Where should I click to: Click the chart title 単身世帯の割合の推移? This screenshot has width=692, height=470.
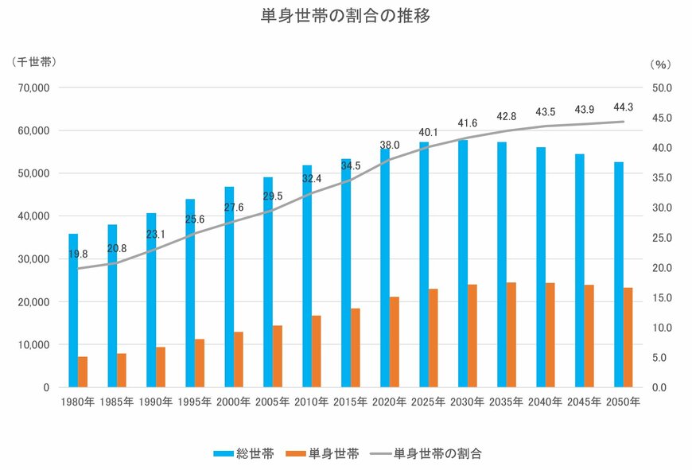[x=345, y=16]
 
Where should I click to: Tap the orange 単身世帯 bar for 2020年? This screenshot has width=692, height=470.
[x=395, y=342]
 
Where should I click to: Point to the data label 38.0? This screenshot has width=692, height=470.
[x=390, y=146]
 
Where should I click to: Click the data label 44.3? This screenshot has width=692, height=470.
[x=624, y=107]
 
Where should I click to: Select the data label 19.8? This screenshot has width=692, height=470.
[x=78, y=254]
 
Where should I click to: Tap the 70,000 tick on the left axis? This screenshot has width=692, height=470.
[x=33, y=87]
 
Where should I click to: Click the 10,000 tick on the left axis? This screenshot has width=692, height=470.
[x=33, y=344]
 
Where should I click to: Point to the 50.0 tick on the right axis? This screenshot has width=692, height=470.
[x=662, y=87]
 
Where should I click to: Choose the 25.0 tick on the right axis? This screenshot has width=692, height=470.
[x=662, y=238]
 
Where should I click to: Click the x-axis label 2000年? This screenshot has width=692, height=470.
[x=234, y=402]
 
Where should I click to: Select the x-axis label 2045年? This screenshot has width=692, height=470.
[x=585, y=402]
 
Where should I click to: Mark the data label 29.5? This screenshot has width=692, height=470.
[x=273, y=196]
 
